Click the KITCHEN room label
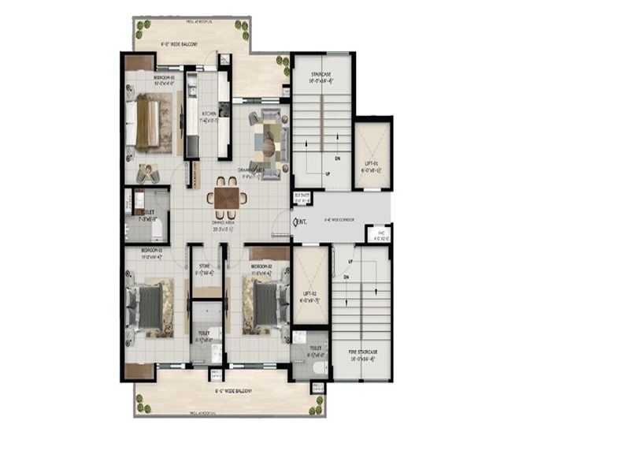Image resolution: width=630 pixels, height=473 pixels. pos(209,114)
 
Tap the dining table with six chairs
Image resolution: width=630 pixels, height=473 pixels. pos(227,197)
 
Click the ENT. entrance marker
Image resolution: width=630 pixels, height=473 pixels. pos(300,223)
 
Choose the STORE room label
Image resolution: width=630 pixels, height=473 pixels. pos(205,269)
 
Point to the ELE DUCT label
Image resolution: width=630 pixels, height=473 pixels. pos(302,196)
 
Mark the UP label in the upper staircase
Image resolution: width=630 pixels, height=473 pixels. pos(328,174)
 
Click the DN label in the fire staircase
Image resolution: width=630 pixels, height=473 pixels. pos(345,277)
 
